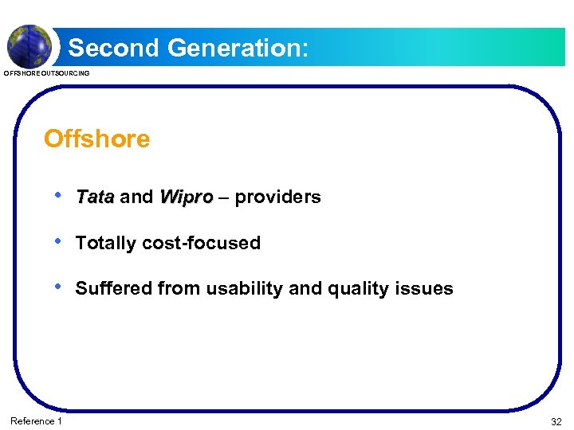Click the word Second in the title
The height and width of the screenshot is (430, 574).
[x=114, y=48]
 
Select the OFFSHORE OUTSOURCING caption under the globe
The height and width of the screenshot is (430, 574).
[x=47, y=73]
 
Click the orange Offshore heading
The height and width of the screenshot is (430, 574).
[x=96, y=139]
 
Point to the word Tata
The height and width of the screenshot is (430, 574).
[x=95, y=197]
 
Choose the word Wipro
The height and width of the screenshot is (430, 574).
[x=186, y=197]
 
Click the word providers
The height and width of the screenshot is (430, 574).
[x=277, y=197]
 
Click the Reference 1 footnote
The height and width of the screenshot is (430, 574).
[x=36, y=420]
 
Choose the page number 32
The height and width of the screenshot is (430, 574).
[x=555, y=421]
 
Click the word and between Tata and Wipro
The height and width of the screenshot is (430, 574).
[x=136, y=197]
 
